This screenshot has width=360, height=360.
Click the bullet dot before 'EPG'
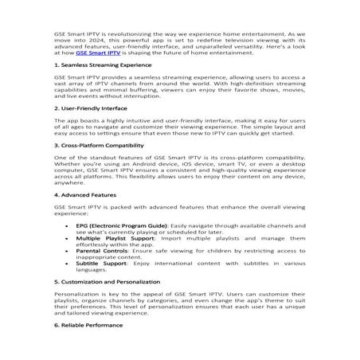[x=66, y=225]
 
